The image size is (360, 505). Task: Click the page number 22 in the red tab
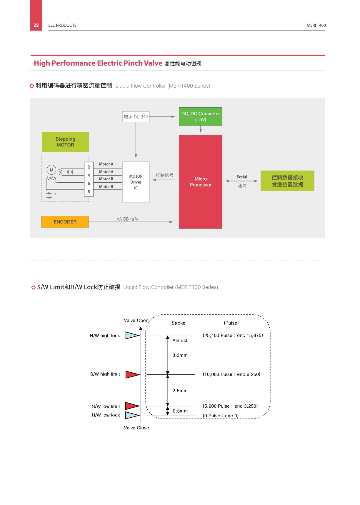[x=36, y=25]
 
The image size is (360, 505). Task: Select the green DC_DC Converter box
[x=201, y=116]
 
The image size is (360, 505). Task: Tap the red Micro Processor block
[x=201, y=182]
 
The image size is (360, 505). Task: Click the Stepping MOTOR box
[x=65, y=142]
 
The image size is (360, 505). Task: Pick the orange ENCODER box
[x=65, y=222]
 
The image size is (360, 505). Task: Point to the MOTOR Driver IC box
[x=136, y=182]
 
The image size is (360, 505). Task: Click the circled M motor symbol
[x=51, y=170]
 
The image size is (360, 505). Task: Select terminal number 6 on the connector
[x=89, y=184]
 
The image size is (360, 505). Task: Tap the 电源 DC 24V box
[x=136, y=117]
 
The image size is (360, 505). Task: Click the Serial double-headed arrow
[x=241, y=181]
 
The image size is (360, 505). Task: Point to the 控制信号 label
[x=164, y=175]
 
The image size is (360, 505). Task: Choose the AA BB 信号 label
[x=128, y=219]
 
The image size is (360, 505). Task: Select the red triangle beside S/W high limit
[x=133, y=374]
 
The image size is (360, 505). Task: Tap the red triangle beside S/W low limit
[x=132, y=406]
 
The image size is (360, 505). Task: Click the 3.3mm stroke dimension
[x=180, y=355]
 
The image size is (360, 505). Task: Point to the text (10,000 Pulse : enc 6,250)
[x=231, y=374]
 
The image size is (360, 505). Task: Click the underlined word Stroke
[x=179, y=323]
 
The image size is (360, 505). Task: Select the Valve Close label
[x=136, y=428]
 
